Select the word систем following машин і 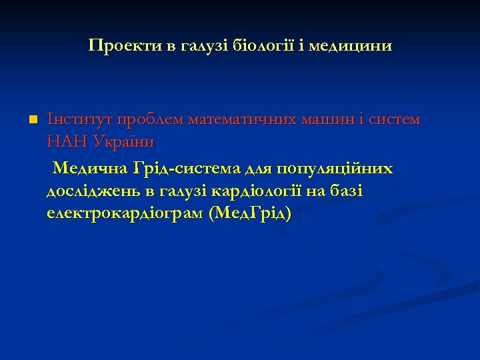[x=401, y=120]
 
